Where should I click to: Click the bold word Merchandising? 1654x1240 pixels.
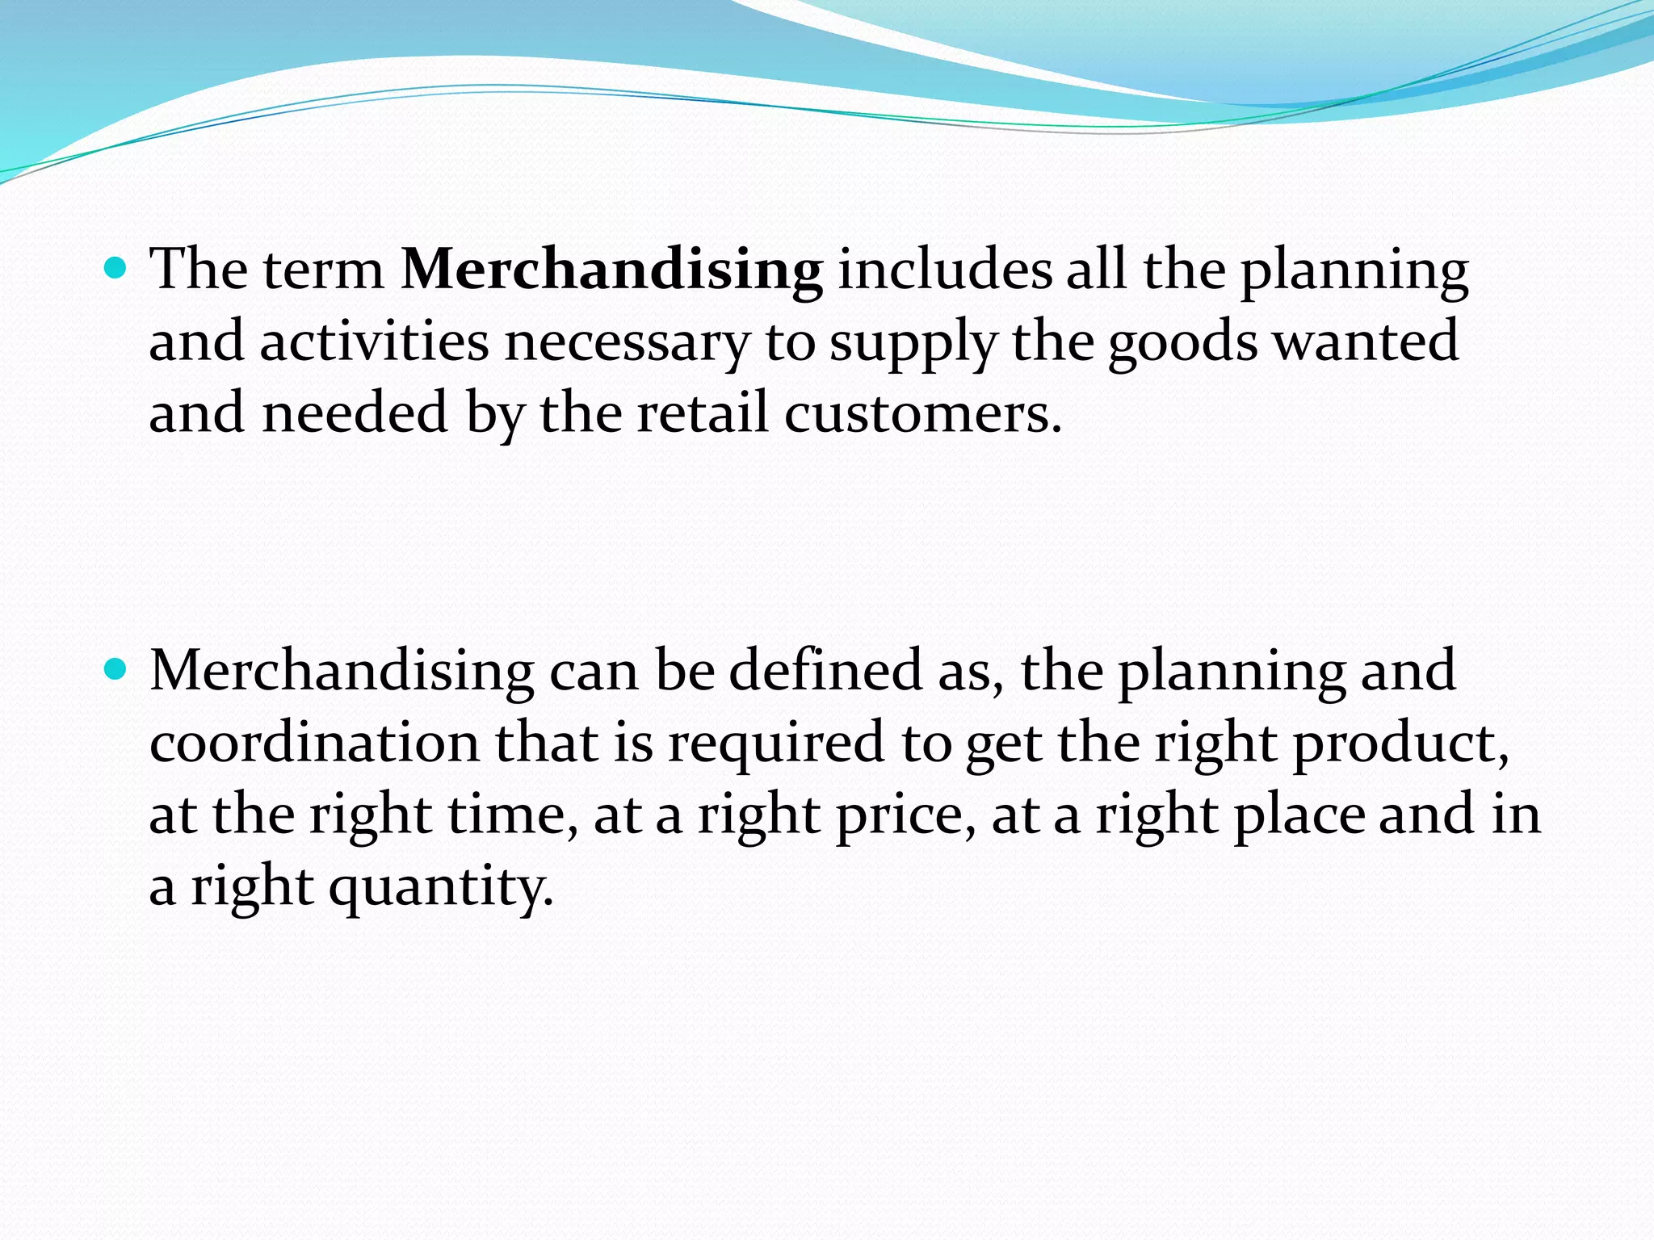(x=611, y=270)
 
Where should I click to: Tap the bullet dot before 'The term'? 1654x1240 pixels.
(x=116, y=268)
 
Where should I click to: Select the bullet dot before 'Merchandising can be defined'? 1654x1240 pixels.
(x=116, y=669)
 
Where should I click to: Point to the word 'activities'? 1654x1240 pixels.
(x=374, y=341)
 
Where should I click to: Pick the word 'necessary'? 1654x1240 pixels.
(x=627, y=341)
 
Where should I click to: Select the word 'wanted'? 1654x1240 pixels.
(x=1366, y=341)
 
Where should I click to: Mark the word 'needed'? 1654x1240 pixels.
(x=355, y=413)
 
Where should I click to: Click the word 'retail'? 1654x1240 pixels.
(x=702, y=413)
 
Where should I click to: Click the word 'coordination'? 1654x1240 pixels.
(x=314, y=743)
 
